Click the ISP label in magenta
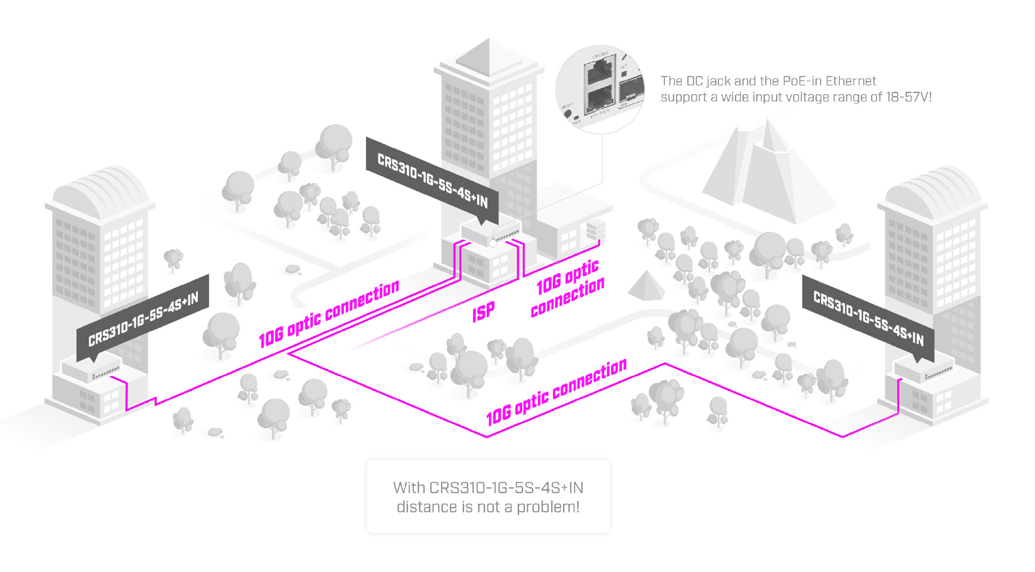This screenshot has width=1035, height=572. pos(483,312)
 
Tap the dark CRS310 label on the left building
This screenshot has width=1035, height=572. pos(143,319)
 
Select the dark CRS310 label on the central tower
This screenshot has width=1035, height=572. pos(432,180)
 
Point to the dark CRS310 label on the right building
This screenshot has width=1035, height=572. pos(868,318)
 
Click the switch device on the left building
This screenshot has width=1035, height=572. pos(91,369)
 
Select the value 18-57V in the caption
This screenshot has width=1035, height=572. pos(907,97)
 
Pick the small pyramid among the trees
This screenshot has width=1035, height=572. pos(646,286)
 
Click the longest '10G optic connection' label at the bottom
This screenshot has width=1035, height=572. pos(556,392)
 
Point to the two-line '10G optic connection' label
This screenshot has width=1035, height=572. pos(568,287)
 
